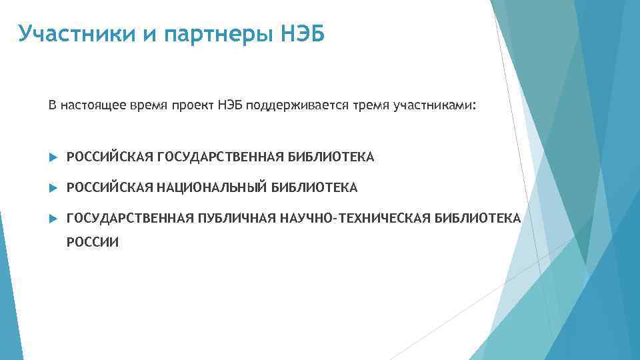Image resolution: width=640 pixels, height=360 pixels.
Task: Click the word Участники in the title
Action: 76,33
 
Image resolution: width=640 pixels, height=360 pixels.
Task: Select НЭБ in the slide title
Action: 303,33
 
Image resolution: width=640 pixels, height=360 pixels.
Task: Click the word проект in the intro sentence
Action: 197,106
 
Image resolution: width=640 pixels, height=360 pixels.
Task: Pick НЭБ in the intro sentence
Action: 231,106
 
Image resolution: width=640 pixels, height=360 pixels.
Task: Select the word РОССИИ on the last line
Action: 93,243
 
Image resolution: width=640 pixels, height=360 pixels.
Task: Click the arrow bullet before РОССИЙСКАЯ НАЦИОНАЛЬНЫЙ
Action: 55,188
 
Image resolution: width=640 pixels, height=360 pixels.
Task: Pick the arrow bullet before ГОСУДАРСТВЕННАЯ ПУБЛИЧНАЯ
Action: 55,219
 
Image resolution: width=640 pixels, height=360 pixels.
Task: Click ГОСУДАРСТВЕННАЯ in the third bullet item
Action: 129,219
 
